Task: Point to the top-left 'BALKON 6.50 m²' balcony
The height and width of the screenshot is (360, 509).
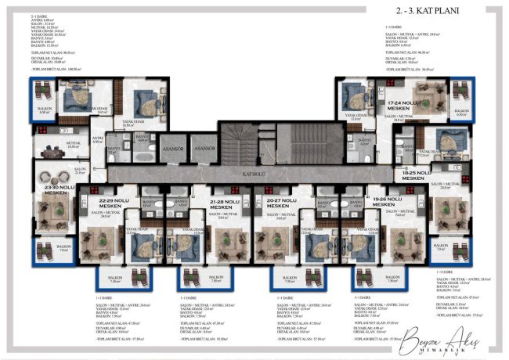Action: tap(45, 109)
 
